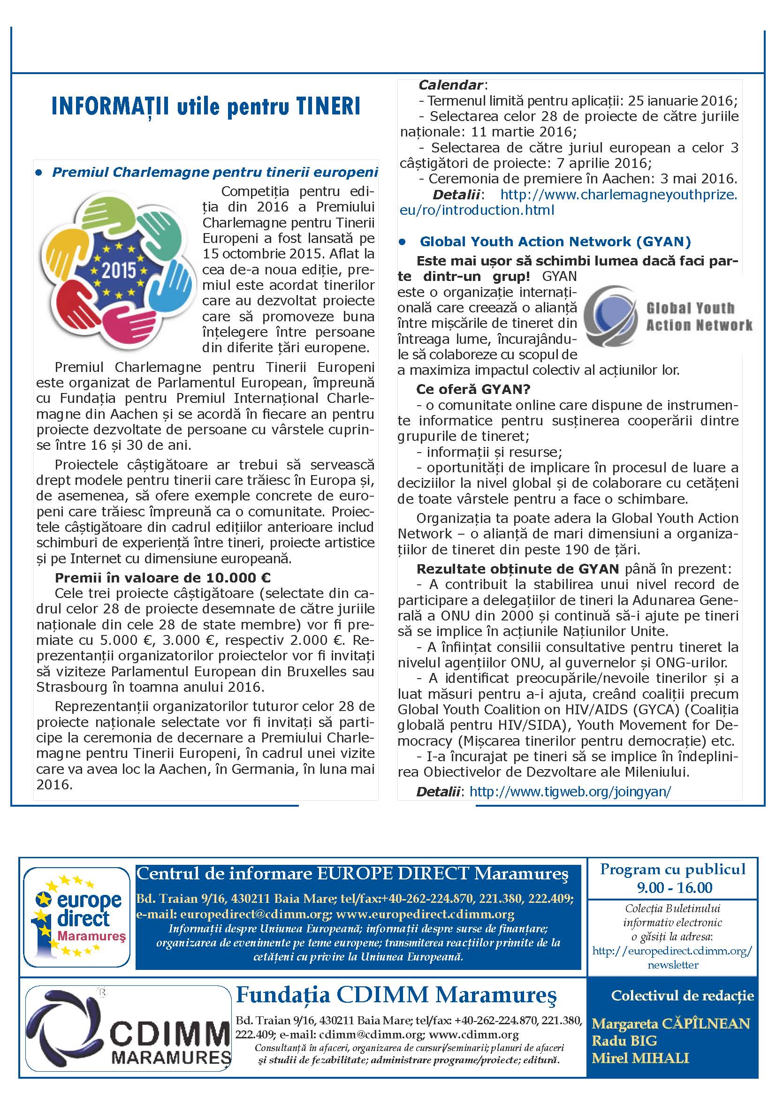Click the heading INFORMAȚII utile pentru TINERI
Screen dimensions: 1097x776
(205, 106)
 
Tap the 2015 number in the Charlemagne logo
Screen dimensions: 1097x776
(119, 271)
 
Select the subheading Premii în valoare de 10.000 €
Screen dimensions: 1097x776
(162, 577)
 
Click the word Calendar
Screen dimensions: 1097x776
(450, 85)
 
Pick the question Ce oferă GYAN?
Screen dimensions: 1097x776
(473, 389)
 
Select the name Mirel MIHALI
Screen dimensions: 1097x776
(640, 1058)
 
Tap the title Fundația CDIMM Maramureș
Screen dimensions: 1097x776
(396, 995)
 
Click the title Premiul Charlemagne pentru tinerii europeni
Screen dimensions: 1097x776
(215, 173)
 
